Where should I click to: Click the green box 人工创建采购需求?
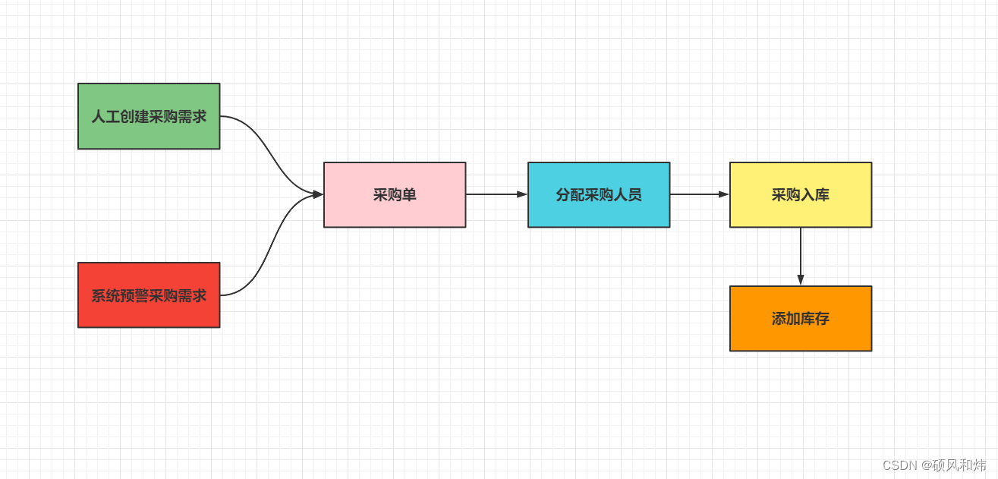point(149,116)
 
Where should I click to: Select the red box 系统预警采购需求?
point(149,295)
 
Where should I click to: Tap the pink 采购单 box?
point(395,195)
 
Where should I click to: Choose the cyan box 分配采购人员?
point(599,195)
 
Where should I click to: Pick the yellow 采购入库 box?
point(801,195)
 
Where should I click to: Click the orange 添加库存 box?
point(801,319)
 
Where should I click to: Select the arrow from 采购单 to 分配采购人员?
point(493,194)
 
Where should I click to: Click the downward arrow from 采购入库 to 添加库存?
point(801,254)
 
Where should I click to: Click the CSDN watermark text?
point(900,465)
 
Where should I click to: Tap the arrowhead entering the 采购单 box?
point(317,194)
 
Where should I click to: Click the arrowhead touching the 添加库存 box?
point(801,280)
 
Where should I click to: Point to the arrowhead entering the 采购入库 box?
point(723,194)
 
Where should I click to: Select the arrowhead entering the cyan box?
point(522,194)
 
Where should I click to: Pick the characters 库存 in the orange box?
point(815,319)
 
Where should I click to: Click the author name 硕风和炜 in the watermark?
point(959,465)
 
